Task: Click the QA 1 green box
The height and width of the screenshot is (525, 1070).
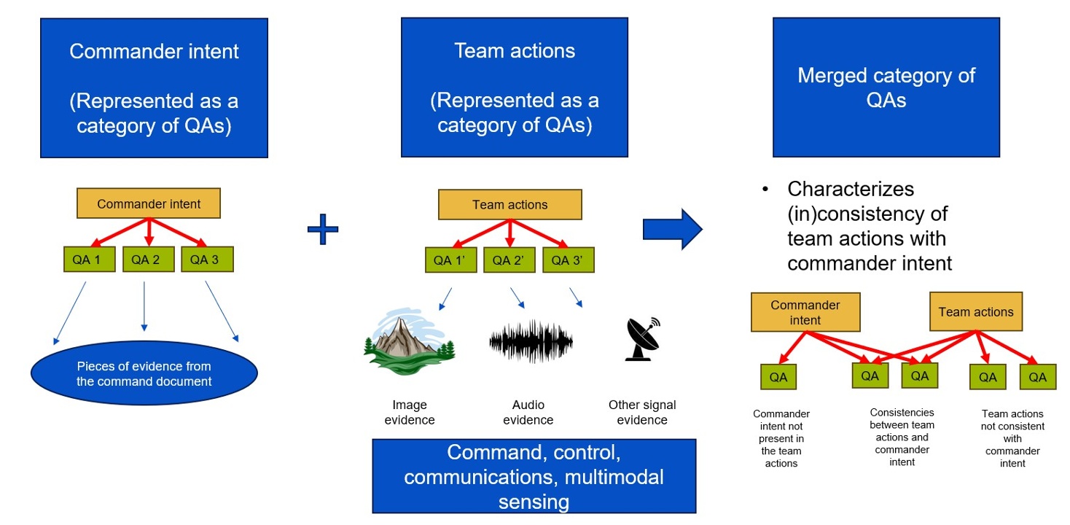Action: [x=86, y=260]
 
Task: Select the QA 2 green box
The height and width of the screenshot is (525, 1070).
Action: [x=146, y=260]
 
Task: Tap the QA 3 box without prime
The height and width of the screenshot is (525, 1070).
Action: [x=206, y=260]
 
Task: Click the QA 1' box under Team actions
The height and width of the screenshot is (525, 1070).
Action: [x=449, y=260]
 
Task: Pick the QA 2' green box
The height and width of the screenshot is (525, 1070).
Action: [x=509, y=260]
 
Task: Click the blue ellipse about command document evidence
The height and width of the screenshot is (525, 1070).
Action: [x=144, y=373]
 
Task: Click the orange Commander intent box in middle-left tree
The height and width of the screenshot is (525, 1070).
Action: [x=149, y=204]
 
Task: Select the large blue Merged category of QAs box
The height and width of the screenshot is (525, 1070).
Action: [x=886, y=87]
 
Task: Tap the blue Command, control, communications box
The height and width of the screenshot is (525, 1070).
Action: [x=534, y=476]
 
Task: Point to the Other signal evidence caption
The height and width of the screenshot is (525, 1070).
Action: [x=642, y=413]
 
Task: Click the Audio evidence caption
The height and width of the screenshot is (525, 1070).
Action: [x=528, y=413]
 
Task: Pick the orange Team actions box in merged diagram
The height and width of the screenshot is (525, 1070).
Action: [x=975, y=312]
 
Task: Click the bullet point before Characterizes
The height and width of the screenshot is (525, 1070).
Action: [x=765, y=190]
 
